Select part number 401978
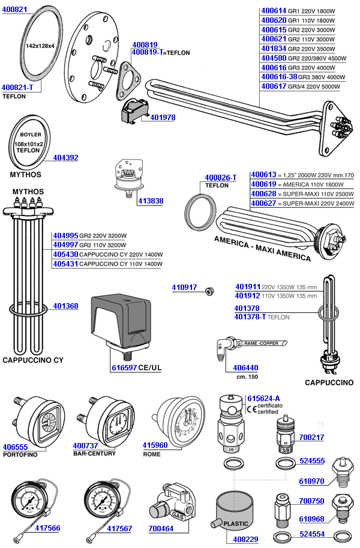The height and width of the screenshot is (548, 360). click(x=162, y=117)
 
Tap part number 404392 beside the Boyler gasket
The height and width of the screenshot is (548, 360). click(x=65, y=158)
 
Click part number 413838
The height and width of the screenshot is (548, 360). click(x=150, y=201)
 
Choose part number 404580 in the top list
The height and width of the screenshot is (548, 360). click(x=274, y=58)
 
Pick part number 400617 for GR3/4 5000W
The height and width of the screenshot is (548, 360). click(x=274, y=86)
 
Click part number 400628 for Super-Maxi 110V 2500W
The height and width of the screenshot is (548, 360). click(x=263, y=194)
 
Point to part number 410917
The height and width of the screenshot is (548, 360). click(x=184, y=288)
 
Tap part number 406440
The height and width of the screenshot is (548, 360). click(x=245, y=367)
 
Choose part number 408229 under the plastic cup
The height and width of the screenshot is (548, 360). click(x=245, y=540)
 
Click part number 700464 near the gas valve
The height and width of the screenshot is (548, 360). click(x=160, y=528)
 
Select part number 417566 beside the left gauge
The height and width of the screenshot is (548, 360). click(x=48, y=528)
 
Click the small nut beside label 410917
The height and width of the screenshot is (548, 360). click(x=209, y=291)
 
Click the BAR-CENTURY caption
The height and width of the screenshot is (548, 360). click(x=94, y=453)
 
